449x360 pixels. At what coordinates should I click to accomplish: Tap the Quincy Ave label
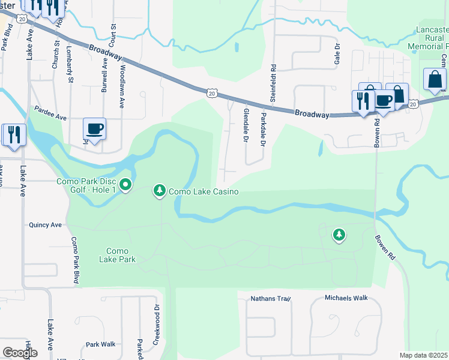coord(46,225)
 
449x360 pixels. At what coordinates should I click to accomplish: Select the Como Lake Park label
coord(121,255)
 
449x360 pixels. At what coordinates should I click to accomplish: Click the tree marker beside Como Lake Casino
coord(159,190)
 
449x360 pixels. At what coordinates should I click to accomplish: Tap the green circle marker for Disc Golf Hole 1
coord(125,185)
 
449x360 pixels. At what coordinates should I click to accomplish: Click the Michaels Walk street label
coord(346,298)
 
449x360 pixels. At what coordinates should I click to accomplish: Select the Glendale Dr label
coord(246,125)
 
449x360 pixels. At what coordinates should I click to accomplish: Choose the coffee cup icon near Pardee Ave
coord(95,128)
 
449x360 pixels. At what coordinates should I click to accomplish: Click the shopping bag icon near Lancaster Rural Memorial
coord(434,80)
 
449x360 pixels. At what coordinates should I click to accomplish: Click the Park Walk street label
coord(100,344)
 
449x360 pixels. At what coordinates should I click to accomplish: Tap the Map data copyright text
coord(424,355)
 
